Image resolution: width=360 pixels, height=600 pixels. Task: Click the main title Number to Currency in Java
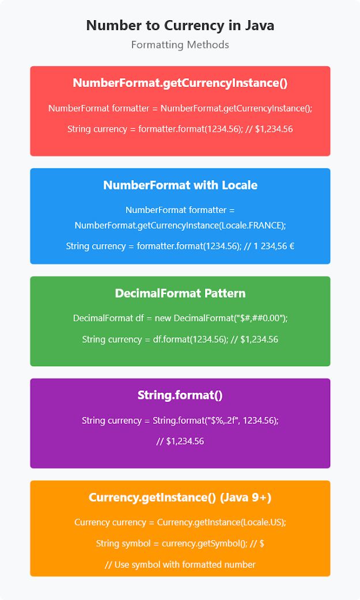point(180,25)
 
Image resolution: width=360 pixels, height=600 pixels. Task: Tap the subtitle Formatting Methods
point(180,44)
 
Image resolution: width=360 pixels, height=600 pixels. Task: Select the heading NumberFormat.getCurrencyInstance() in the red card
point(180,83)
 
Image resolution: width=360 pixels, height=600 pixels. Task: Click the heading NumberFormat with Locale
point(180,185)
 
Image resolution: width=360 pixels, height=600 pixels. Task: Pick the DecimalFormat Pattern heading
point(180,293)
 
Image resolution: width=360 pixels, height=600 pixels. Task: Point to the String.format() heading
point(180,395)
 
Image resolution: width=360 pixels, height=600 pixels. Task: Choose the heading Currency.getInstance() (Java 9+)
point(180,497)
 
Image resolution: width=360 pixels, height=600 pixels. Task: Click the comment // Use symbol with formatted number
point(180,564)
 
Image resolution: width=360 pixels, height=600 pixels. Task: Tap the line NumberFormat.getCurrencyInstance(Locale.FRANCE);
point(180,225)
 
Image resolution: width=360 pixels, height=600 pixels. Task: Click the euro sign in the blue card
point(290,246)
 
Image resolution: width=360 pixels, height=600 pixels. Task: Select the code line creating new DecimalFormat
point(180,318)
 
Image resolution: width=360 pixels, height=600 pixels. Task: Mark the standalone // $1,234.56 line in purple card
point(180,442)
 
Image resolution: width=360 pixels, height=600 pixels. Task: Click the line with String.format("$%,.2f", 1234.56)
point(180,420)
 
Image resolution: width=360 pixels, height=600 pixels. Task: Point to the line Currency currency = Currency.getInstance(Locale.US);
point(180,522)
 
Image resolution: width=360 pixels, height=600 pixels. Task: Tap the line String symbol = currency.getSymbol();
point(180,543)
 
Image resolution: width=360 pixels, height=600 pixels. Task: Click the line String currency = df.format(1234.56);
point(180,339)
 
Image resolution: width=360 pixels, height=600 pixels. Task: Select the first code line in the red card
point(180,108)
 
